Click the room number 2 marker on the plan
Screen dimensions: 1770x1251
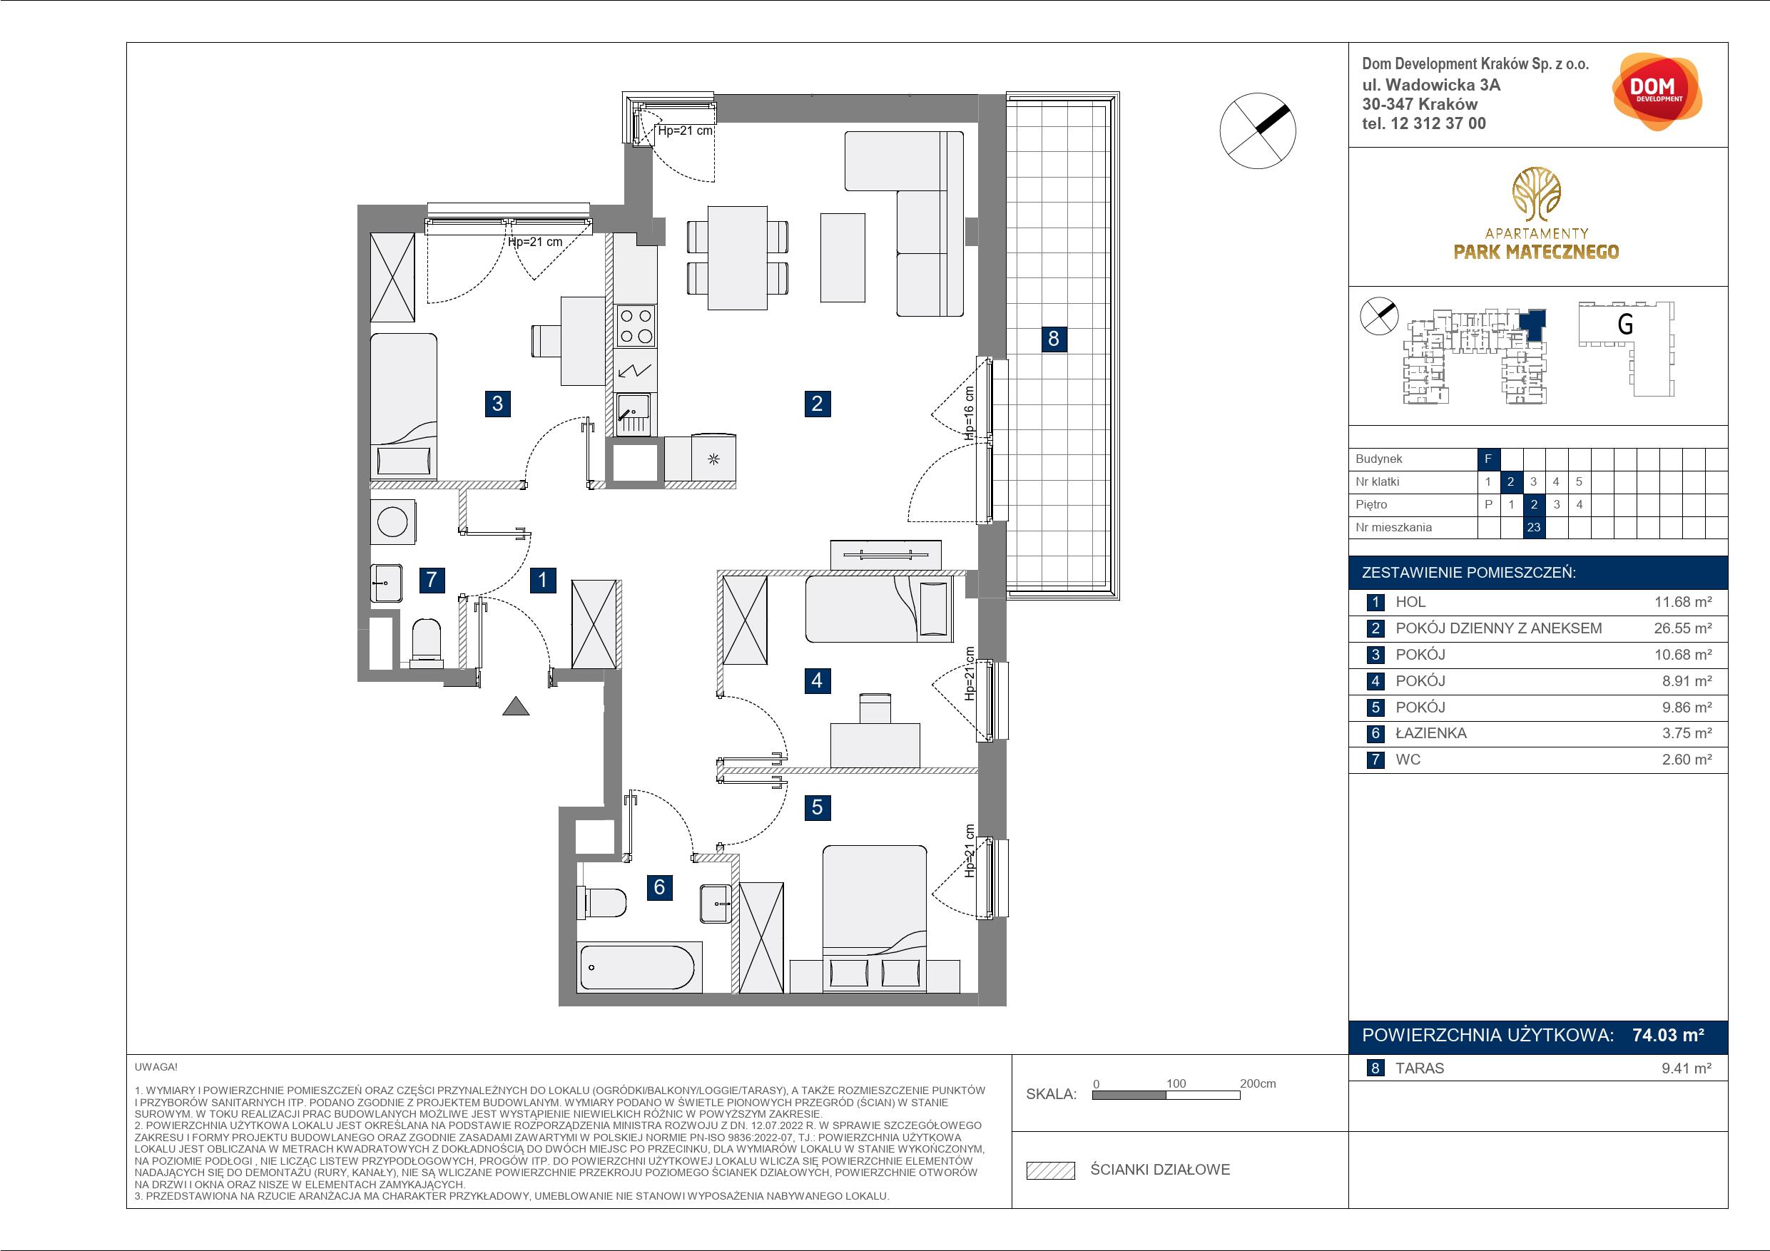(x=817, y=403)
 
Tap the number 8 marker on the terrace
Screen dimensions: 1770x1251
(x=1054, y=338)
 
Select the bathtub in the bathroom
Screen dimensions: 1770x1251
(x=641, y=966)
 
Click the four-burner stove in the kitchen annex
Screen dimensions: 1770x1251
(x=636, y=325)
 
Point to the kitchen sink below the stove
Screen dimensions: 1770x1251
(x=634, y=414)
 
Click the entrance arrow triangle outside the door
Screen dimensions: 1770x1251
(x=516, y=706)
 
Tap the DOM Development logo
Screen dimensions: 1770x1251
(x=1656, y=92)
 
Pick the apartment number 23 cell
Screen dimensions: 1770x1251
(x=1533, y=527)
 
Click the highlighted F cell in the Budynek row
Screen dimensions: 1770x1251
(x=1488, y=459)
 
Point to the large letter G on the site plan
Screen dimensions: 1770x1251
(x=1625, y=324)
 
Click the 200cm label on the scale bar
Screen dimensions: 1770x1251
(x=1258, y=1083)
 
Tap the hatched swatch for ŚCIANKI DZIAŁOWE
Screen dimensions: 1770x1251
(x=1051, y=1170)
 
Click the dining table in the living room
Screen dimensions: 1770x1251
(x=737, y=257)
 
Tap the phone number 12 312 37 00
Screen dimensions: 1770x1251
(x=1438, y=123)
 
